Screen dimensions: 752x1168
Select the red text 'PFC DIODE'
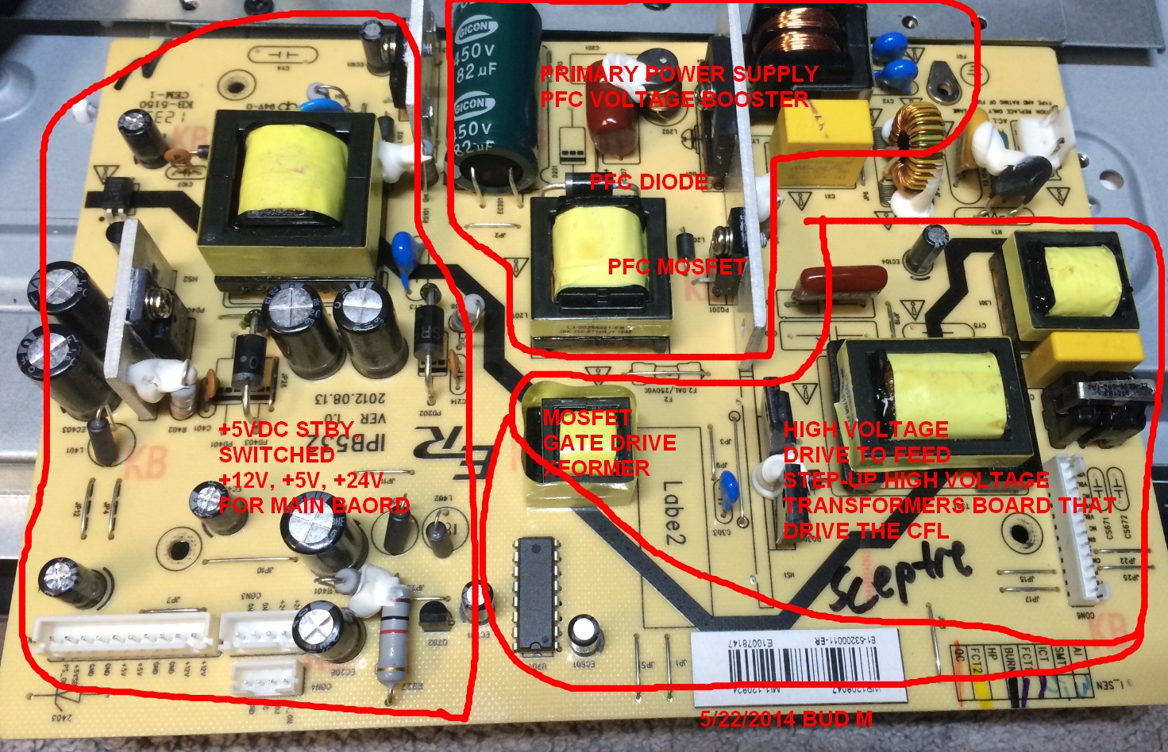click(x=648, y=182)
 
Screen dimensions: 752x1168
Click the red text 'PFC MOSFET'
click(x=677, y=267)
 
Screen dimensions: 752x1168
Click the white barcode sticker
click(x=799, y=666)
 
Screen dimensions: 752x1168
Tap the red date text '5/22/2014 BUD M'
click(x=785, y=719)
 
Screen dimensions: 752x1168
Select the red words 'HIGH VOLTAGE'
click(x=865, y=429)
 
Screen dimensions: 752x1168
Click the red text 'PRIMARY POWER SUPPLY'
click(x=678, y=74)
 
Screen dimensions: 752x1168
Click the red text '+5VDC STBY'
click(x=286, y=429)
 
